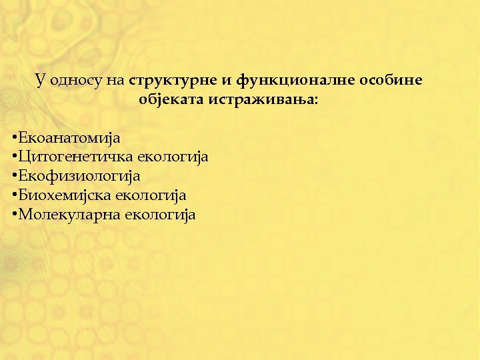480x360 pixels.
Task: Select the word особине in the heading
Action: click(391, 81)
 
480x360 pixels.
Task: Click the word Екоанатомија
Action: click(69, 138)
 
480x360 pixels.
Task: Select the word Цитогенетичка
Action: click(76, 157)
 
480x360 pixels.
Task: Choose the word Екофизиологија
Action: click(79, 177)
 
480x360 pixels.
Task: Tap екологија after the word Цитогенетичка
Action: click(173, 157)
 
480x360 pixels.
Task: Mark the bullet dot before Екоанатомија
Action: click(15, 138)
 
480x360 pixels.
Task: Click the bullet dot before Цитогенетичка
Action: click(15, 157)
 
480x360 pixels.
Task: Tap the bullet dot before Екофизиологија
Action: click(15, 177)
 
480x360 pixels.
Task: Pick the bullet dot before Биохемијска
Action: click(15, 195)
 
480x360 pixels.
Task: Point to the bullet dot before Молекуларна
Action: click(15, 215)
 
